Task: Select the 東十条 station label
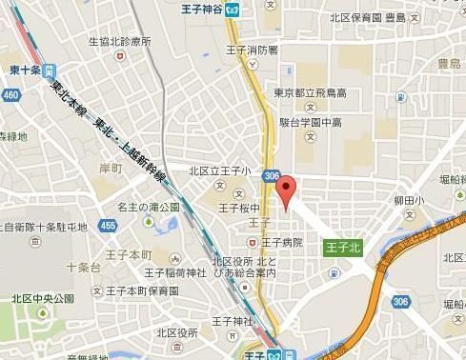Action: (22, 70)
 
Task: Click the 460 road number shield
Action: (10, 95)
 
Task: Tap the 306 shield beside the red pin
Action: (273, 176)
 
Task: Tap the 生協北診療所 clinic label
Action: (118, 41)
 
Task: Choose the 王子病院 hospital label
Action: (283, 243)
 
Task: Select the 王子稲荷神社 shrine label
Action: (149, 273)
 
